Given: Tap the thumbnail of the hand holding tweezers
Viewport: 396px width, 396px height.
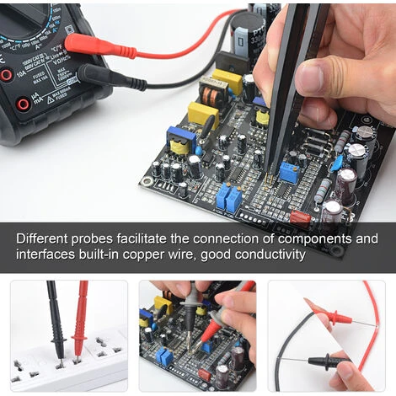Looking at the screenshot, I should click(x=198, y=334).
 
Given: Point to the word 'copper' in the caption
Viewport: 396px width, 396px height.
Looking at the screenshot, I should click(x=151, y=254).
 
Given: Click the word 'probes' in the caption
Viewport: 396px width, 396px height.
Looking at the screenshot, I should click(x=100, y=239).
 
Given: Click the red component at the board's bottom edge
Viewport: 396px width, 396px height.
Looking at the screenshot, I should click(x=300, y=217).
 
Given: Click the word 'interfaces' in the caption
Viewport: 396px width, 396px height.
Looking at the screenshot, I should click(x=45, y=254).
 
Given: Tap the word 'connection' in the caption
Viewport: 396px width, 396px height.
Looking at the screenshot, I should click(x=231, y=238).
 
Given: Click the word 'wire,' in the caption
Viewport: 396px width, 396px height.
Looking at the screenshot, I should click(x=190, y=254).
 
